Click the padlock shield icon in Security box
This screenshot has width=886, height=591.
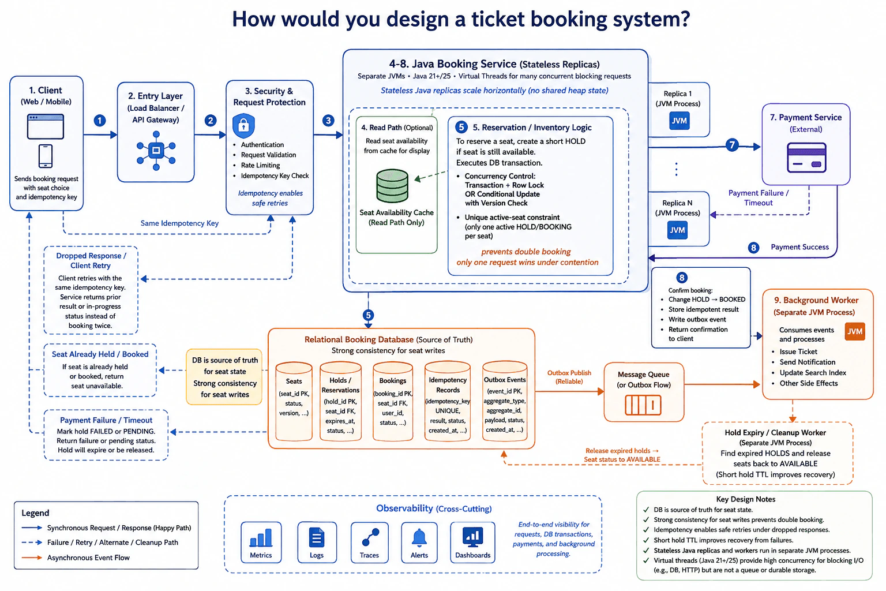(x=243, y=125)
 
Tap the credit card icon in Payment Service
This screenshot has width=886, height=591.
(x=806, y=158)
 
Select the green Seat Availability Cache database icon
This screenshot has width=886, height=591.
(x=392, y=186)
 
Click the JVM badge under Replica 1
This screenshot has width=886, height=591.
(x=679, y=121)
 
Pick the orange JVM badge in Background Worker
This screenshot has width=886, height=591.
(x=855, y=331)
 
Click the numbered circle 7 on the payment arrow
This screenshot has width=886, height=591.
(x=732, y=145)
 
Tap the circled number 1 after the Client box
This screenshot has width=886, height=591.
(x=100, y=121)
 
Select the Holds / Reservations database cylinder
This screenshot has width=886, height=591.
(x=340, y=401)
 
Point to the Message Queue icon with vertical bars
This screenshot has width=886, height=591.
(x=643, y=405)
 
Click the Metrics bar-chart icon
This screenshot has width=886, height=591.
(x=261, y=537)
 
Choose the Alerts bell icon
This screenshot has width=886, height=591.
(x=419, y=537)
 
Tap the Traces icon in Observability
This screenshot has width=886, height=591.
(x=370, y=537)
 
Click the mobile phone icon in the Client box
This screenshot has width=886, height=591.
(x=46, y=156)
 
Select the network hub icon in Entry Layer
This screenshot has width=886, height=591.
(x=156, y=151)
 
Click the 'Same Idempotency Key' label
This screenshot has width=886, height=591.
(x=179, y=223)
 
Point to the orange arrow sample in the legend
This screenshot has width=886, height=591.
(x=32, y=558)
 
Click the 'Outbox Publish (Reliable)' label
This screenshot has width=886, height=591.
(x=569, y=377)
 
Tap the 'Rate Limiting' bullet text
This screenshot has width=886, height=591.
(x=260, y=165)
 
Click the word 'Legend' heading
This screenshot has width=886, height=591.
(x=35, y=513)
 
